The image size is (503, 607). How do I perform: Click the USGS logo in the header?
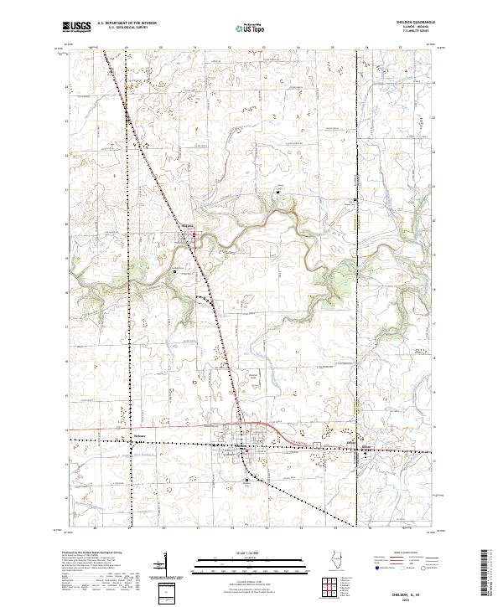coord(77,27)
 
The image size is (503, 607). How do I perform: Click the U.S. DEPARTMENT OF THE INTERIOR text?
coord(127,24)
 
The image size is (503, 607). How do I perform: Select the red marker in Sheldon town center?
coord(246,450)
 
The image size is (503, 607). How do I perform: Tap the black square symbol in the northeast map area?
coord(356,200)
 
